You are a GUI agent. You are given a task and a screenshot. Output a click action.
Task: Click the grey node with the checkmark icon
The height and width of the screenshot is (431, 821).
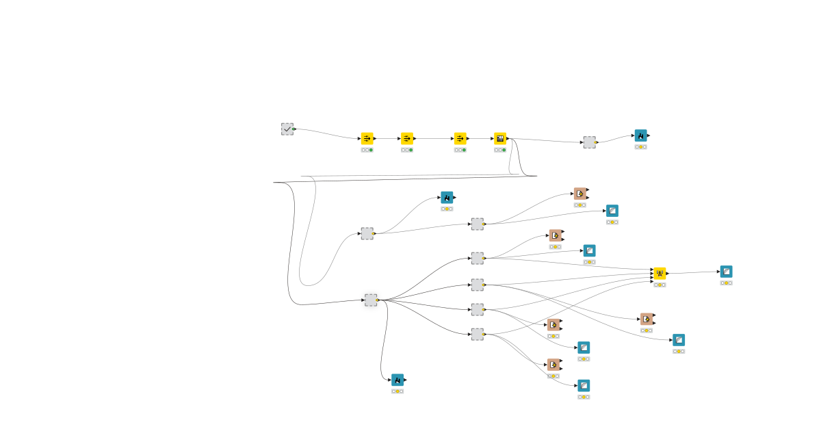(x=287, y=129)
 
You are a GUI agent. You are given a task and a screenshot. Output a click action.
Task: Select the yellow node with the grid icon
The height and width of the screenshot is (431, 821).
(x=500, y=138)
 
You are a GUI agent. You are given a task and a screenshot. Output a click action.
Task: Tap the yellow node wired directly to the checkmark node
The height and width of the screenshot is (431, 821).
(x=367, y=138)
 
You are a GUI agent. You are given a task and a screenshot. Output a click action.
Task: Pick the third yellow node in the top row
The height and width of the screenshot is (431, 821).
(x=460, y=138)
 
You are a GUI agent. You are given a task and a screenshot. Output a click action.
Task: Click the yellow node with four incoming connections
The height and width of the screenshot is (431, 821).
(x=660, y=274)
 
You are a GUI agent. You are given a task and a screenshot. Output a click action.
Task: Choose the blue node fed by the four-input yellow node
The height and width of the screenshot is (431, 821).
(x=726, y=272)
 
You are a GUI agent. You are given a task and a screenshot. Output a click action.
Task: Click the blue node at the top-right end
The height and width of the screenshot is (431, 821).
(x=640, y=135)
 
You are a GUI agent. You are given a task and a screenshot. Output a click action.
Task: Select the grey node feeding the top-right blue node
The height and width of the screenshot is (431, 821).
(x=589, y=142)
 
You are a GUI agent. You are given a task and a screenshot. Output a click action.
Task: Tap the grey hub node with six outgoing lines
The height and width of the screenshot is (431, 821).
(x=371, y=300)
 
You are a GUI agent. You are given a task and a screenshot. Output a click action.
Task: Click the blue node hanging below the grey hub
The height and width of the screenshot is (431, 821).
(x=398, y=380)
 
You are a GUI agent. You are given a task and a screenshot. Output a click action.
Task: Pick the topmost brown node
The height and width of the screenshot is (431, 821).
(x=579, y=194)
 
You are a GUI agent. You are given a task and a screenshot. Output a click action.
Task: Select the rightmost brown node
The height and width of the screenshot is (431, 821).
(x=647, y=319)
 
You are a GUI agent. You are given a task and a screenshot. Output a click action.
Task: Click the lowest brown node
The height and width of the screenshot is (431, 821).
(x=553, y=365)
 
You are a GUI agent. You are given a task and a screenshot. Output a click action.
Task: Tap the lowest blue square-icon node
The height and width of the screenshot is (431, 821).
(x=584, y=386)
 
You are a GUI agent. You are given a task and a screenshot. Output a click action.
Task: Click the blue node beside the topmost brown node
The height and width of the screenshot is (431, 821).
(x=612, y=211)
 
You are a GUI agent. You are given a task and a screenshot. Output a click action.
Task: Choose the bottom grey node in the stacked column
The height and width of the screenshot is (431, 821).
(x=477, y=334)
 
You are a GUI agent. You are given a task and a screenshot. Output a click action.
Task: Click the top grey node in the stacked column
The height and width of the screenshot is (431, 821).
(x=477, y=224)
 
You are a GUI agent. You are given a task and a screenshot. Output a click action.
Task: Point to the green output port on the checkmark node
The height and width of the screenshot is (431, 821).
(x=294, y=129)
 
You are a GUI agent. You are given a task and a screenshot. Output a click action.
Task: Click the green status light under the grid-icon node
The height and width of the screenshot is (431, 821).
(x=504, y=150)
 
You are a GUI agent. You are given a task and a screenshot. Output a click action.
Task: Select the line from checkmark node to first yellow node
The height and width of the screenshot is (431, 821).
(x=328, y=132)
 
